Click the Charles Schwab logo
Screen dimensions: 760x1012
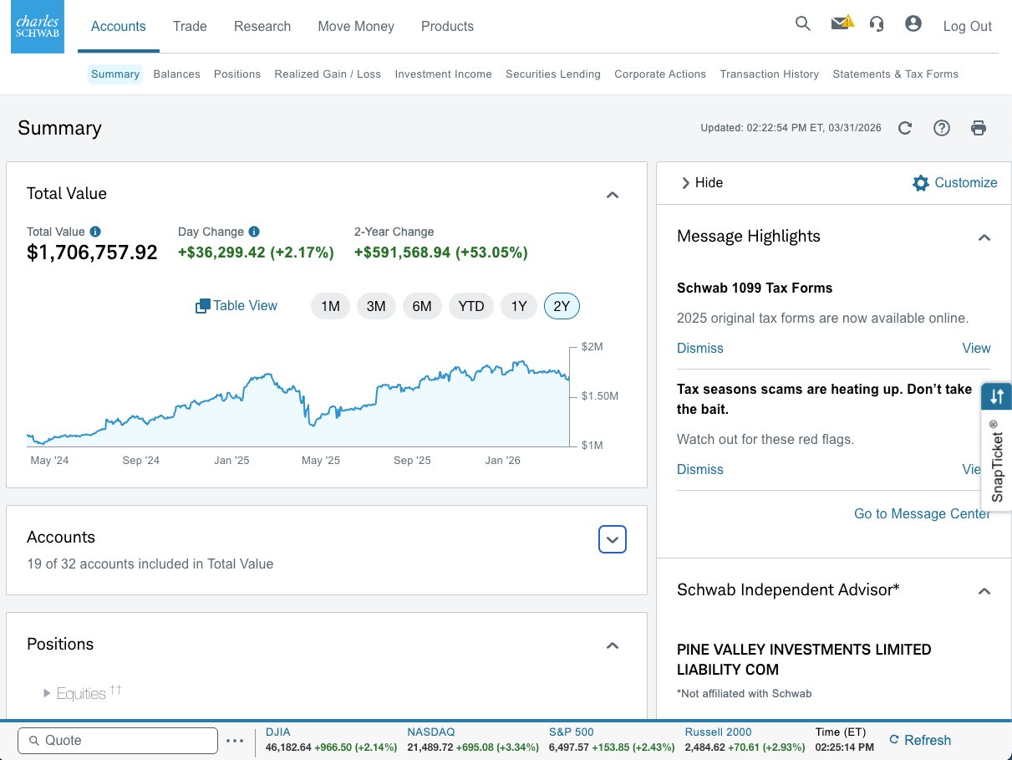pyautogui.click(x=38, y=28)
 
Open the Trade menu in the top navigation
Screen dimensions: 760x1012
pyautogui.click(x=190, y=26)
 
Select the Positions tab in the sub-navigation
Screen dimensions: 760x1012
pyautogui.click(x=237, y=74)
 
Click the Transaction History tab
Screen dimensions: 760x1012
pyautogui.click(x=769, y=74)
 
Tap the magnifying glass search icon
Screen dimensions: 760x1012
pyautogui.click(x=803, y=24)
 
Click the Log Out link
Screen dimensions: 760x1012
pyautogui.click(x=967, y=26)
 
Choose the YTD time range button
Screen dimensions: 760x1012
pyautogui.click(x=471, y=306)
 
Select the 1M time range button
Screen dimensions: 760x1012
pyautogui.click(x=330, y=306)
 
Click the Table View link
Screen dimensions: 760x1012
pyautogui.click(x=236, y=306)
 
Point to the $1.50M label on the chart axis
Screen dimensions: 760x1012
pyautogui.click(x=600, y=395)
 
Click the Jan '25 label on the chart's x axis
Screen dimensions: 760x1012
pyautogui.click(x=231, y=461)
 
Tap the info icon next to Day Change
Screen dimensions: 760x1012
pyautogui.click(x=254, y=232)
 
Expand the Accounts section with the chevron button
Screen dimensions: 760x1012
pyautogui.click(x=613, y=540)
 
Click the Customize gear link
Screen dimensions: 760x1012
pyautogui.click(x=955, y=183)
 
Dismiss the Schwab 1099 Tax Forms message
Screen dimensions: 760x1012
pyautogui.click(x=699, y=348)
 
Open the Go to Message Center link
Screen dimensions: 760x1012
pyautogui.click(x=922, y=513)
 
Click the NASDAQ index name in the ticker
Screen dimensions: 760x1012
pyautogui.click(x=431, y=732)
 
